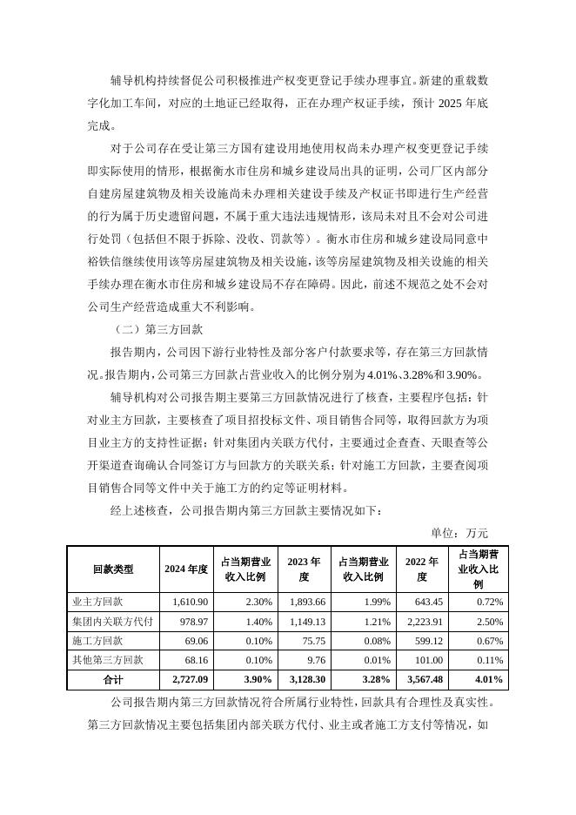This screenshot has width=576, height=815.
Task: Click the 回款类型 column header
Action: coord(113,569)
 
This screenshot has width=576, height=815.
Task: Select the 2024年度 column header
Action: coord(186,569)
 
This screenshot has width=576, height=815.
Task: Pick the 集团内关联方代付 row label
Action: coord(112,621)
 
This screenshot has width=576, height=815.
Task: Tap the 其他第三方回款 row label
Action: coord(107,659)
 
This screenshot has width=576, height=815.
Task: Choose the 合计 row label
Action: coord(113,678)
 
